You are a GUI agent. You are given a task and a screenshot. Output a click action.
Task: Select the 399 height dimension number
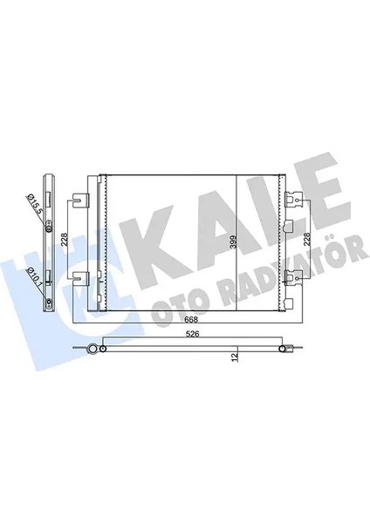click(x=231, y=242)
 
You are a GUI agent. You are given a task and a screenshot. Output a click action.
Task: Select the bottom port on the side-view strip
click(x=50, y=303)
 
